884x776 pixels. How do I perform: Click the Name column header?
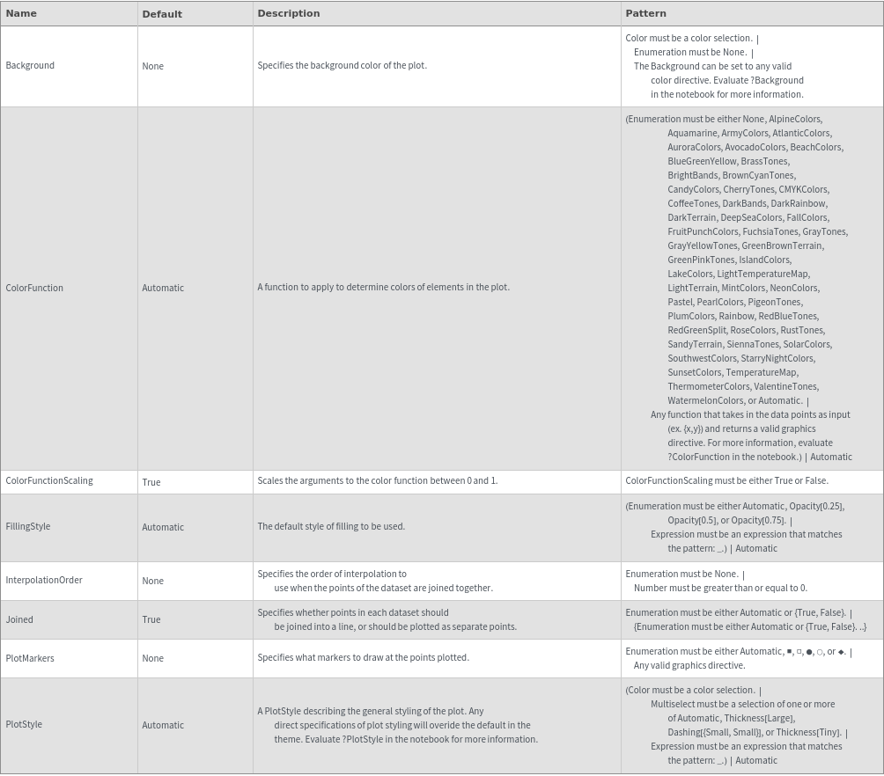(x=21, y=13)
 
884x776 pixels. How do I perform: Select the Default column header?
(x=162, y=14)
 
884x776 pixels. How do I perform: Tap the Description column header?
(x=289, y=13)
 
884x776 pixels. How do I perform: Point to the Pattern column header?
(x=645, y=13)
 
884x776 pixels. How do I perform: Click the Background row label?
(x=30, y=65)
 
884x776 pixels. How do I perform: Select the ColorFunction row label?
(x=34, y=288)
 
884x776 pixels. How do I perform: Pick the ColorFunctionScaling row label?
(x=49, y=480)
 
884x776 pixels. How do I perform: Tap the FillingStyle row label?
(x=28, y=526)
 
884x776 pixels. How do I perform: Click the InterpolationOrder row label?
(x=44, y=580)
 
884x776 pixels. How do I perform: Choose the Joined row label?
(x=19, y=619)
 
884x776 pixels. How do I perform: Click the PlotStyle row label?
(x=24, y=724)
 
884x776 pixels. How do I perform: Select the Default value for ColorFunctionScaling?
(x=151, y=482)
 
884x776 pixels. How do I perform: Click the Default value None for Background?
(x=152, y=66)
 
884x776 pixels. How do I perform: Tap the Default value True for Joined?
(x=151, y=619)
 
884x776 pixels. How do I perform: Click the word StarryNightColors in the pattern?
(x=777, y=358)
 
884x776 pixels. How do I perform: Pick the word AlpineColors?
(x=794, y=119)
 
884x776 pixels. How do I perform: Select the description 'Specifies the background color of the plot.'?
(x=342, y=65)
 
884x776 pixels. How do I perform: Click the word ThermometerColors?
(x=708, y=386)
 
